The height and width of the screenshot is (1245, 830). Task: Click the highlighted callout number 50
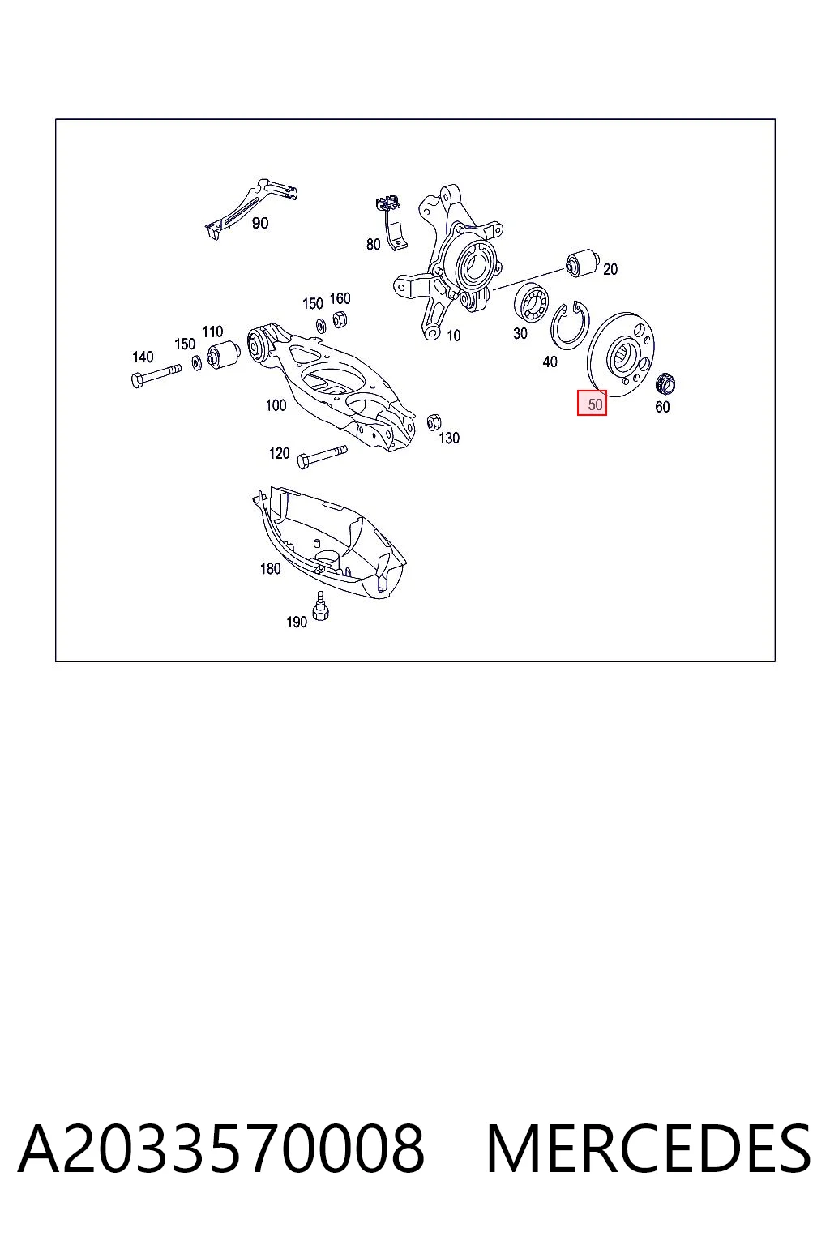tap(594, 404)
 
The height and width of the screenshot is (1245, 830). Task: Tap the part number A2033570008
tap(222, 1149)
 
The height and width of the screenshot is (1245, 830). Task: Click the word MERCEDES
tap(648, 1149)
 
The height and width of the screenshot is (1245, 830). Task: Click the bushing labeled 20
tap(581, 263)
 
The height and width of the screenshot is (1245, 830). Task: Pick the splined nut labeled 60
tap(665, 383)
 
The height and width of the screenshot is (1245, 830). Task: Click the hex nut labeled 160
tap(340, 320)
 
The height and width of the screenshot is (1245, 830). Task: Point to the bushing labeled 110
tap(224, 355)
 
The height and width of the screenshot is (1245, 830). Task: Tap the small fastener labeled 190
tap(320, 606)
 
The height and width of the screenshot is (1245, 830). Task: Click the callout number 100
tap(276, 405)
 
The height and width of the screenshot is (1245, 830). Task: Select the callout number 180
tap(270, 568)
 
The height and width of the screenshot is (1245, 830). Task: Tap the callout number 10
tap(454, 336)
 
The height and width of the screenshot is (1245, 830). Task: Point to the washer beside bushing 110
tap(197, 362)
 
